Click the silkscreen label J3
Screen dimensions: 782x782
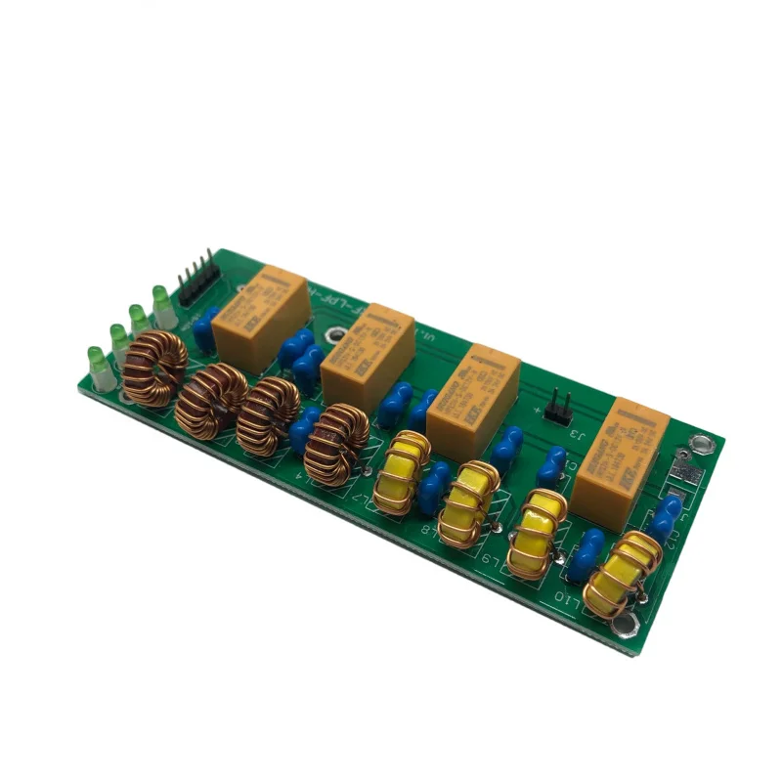click(x=578, y=434)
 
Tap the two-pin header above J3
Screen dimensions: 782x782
click(x=557, y=406)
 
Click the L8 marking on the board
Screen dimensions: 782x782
click(x=427, y=528)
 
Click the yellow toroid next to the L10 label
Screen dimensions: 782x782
click(x=622, y=577)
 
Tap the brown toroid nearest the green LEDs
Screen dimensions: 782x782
click(x=154, y=369)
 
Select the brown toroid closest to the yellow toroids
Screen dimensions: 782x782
click(x=336, y=445)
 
